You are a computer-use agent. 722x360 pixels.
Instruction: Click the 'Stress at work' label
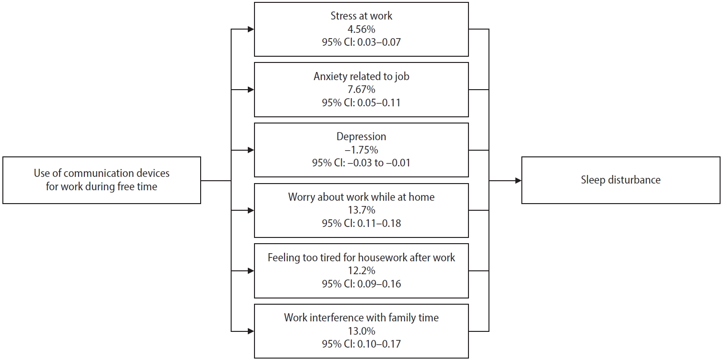(x=361, y=16)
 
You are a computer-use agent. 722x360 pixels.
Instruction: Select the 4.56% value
(x=361, y=30)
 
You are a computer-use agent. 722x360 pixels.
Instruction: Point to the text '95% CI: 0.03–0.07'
(x=361, y=42)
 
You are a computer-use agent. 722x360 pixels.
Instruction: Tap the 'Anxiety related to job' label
(x=361, y=76)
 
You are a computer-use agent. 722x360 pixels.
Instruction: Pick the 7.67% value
(x=361, y=89)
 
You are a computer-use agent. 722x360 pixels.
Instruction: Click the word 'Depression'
(x=361, y=137)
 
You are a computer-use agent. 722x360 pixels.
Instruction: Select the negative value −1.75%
(x=361, y=150)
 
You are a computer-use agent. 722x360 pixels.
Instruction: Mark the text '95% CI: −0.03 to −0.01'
(x=361, y=163)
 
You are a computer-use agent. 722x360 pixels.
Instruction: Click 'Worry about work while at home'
(x=361, y=197)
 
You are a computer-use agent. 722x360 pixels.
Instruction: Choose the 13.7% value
(x=361, y=210)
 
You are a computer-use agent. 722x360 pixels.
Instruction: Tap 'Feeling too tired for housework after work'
(x=361, y=257)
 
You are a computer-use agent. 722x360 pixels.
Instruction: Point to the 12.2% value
(x=361, y=271)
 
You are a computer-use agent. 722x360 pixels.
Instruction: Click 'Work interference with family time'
(x=361, y=318)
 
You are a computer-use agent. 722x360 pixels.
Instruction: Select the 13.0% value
(x=361, y=331)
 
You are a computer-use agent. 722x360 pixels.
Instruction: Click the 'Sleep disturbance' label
(x=621, y=180)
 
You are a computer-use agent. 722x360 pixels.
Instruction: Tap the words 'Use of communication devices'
(x=102, y=173)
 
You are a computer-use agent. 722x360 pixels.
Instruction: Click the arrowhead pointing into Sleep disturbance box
(x=519, y=181)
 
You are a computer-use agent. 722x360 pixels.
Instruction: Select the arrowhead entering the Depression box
(x=251, y=150)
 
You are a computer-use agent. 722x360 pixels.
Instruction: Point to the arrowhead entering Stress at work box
(x=251, y=30)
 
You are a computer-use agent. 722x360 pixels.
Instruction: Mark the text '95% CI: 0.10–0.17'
(x=361, y=344)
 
